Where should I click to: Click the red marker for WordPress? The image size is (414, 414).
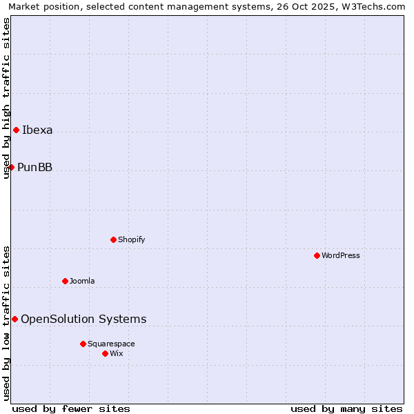click(x=317, y=255)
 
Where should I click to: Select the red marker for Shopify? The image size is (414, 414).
click(x=113, y=239)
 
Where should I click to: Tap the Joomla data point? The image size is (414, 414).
click(x=65, y=281)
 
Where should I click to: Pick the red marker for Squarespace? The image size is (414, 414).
click(x=83, y=344)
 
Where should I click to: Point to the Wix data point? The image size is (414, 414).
click(x=105, y=353)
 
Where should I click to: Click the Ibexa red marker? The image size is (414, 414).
click(x=16, y=130)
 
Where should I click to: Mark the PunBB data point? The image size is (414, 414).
click(x=11, y=167)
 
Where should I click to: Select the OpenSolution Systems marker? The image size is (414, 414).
click(x=14, y=319)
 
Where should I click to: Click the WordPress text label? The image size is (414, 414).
click(x=341, y=256)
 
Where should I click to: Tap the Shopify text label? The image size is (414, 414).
click(x=132, y=240)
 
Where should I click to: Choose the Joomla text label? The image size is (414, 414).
click(x=82, y=282)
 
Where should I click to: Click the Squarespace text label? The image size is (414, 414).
click(x=111, y=344)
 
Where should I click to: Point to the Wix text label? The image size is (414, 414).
click(x=117, y=354)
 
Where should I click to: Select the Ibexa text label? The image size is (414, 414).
click(x=37, y=130)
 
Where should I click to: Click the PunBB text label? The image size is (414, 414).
click(x=34, y=168)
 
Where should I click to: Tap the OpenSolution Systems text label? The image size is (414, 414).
click(x=83, y=319)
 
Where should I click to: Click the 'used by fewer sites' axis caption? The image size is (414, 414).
click(x=71, y=409)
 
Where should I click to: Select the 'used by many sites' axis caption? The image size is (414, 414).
click(x=346, y=409)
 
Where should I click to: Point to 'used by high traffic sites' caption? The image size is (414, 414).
click(x=7, y=98)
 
